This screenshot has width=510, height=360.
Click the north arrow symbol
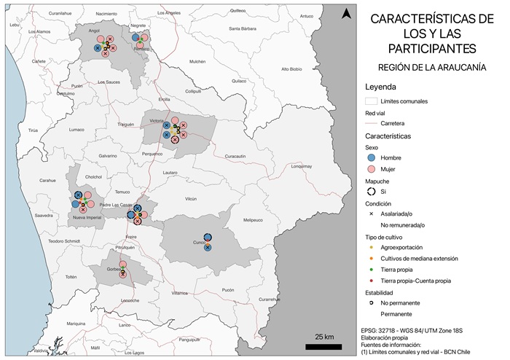[x=347, y=13]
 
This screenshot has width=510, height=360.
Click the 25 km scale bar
[x=324, y=346]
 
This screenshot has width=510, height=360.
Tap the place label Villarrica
[x=179, y=293]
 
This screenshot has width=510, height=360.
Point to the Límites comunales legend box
[x=371, y=101]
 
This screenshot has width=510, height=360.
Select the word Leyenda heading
[x=381, y=87]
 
